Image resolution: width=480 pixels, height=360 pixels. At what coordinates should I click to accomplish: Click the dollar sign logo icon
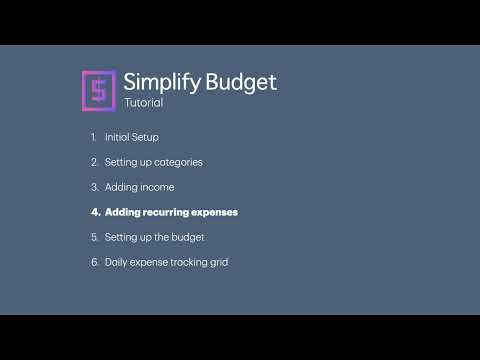click(x=97, y=89)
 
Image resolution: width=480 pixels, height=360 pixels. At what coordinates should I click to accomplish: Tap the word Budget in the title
click(x=240, y=82)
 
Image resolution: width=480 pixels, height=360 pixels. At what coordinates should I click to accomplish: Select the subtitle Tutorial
click(x=143, y=102)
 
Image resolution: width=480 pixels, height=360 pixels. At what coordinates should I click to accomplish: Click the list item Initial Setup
click(x=131, y=136)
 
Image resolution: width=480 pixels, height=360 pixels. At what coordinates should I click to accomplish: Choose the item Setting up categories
click(x=159, y=161)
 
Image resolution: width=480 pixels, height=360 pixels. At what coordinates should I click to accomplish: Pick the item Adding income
click(x=139, y=187)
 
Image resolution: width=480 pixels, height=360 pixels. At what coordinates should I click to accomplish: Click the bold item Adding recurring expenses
click(x=171, y=212)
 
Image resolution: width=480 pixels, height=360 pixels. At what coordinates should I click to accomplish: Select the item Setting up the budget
click(x=154, y=237)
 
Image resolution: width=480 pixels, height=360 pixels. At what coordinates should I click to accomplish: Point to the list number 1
click(x=94, y=136)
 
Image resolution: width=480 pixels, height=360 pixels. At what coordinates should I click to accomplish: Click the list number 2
click(x=94, y=161)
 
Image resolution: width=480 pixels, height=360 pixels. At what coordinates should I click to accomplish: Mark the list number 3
click(x=94, y=187)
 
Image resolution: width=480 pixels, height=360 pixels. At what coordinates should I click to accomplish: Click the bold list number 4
click(x=95, y=212)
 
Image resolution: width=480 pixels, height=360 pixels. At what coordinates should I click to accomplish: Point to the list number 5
click(x=94, y=237)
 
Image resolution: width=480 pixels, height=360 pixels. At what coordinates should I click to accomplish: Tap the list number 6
click(x=94, y=262)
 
